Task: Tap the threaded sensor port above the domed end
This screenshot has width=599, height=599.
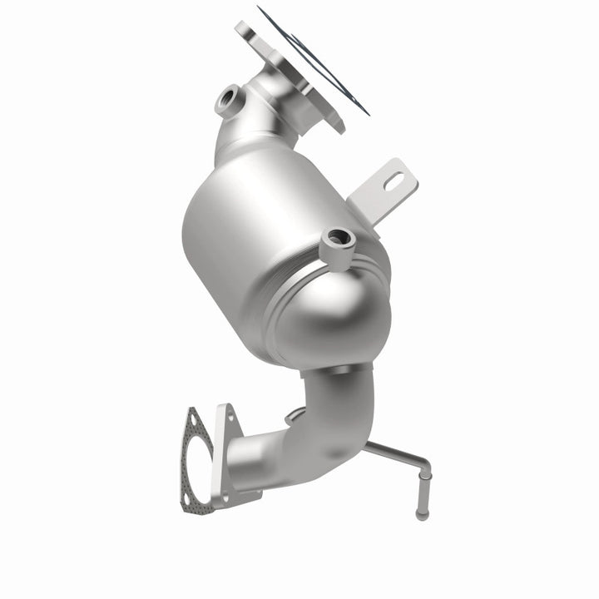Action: point(339,238)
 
